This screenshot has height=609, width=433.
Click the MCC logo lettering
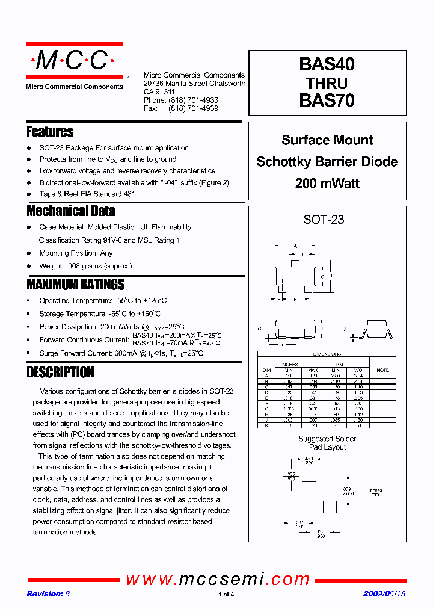pos(73,61)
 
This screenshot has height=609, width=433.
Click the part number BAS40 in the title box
pos(327,65)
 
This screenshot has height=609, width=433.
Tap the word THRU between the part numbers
pos(327,83)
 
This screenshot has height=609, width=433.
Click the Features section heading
pos(50,132)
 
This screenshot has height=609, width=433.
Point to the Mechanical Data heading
pos(71,211)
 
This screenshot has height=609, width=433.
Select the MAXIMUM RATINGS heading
pos(76,285)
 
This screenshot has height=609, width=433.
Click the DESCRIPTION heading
pos(60,373)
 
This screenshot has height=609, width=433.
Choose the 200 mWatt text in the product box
pos(327,184)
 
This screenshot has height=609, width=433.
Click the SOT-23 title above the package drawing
pos(324,220)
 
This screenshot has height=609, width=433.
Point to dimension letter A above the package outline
pos(295,246)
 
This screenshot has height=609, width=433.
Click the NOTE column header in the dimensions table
pos(382,370)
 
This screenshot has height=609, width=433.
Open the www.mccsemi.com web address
pos(217,579)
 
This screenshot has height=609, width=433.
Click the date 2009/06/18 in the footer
pos(384,594)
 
